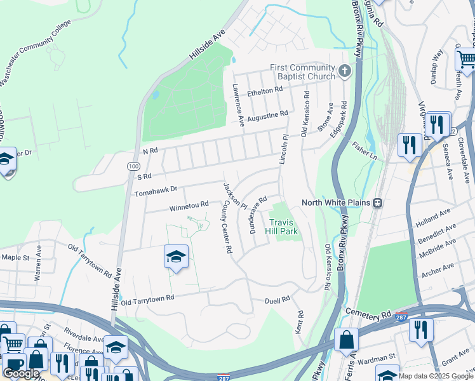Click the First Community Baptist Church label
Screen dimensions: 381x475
tap(302, 72)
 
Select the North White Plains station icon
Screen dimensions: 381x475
tap(377, 203)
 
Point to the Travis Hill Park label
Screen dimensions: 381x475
tap(283, 227)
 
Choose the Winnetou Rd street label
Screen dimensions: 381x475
tap(189, 204)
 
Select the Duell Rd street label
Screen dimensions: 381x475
tap(277, 298)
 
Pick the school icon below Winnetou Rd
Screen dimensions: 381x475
tap(176, 256)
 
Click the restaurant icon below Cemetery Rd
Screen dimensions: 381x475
tap(421, 330)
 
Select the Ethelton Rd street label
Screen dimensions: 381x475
tap(265, 91)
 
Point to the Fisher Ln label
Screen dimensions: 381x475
tap(365, 152)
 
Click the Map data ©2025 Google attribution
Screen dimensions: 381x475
tap(435, 376)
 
